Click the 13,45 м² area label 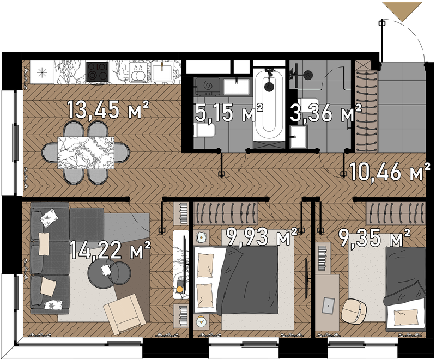point(108,109)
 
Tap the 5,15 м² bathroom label point(229,113)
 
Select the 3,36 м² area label point(325,113)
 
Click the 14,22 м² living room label point(110,249)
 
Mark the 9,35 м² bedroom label point(374,237)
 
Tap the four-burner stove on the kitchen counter point(97,72)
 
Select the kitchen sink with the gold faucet point(161,72)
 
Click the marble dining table point(86,152)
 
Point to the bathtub point(269,105)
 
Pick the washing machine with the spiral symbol point(208,87)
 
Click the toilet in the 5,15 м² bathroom point(204,130)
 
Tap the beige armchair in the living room point(124,314)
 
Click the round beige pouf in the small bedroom point(354,311)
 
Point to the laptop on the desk point(329,305)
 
